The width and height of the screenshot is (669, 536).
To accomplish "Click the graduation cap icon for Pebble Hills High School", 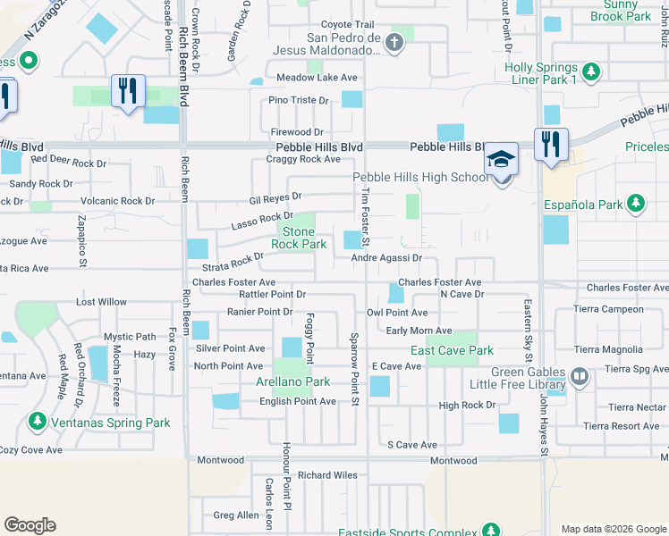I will coord(502,159).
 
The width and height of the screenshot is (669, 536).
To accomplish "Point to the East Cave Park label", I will coord(452,351).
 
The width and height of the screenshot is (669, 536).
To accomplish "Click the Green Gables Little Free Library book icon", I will coord(580,376).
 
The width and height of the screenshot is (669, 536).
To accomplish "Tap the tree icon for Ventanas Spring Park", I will coord(38,420).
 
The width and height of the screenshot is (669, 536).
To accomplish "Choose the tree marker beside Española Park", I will coord(636,204).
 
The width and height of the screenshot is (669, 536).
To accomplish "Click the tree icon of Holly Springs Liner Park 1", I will coord(590,71).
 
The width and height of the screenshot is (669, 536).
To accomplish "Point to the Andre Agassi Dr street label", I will coord(385,258).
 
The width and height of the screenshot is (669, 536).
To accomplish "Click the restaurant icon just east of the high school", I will coord(550,143).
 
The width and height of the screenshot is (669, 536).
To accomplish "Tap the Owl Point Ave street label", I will coord(397,314).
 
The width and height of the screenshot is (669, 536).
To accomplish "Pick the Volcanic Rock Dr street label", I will coord(118,201).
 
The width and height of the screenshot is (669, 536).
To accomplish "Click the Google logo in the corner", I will coord(30,525).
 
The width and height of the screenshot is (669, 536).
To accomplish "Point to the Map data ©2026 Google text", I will coord(613,529).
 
